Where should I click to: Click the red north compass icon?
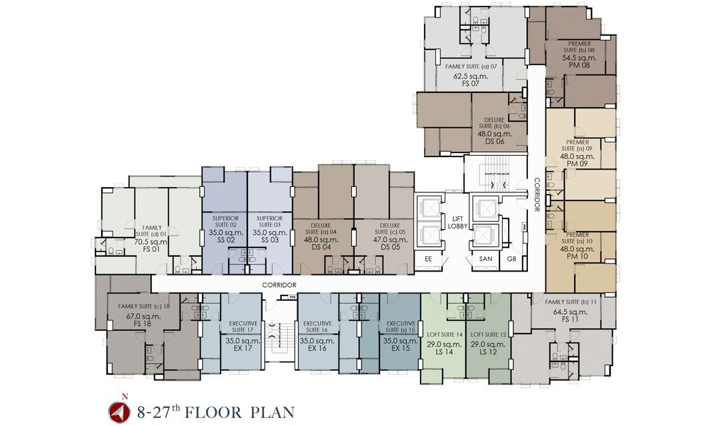click(x=119, y=412)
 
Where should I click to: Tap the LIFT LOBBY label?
click(x=457, y=222)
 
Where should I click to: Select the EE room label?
click(x=428, y=259)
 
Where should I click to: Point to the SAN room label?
click(x=485, y=259)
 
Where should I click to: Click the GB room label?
click(x=511, y=259)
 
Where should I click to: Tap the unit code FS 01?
click(x=151, y=249)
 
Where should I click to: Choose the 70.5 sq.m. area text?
click(x=151, y=242)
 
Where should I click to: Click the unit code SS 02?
click(x=225, y=240)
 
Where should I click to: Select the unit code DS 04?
click(x=321, y=247)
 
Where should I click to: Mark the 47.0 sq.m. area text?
click(x=390, y=240)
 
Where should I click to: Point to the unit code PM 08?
click(x=579, y=65)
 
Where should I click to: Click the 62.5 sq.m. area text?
click(x=471, y=76)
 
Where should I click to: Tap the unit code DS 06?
click(x=495, y=141)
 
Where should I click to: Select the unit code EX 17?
click(x=242, y=348)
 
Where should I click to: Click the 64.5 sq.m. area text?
click(x=570, y=312)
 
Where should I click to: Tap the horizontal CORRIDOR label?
click(x=279, y=285)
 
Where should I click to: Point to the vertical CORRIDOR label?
click(x=537, y=194)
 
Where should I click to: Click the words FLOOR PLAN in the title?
click(x=239, y=412)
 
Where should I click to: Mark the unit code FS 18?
click(x=143, y=323)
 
